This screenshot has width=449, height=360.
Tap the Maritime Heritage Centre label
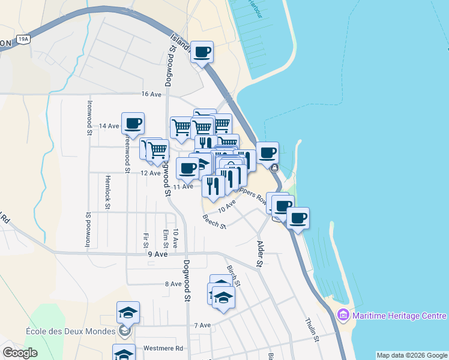399,316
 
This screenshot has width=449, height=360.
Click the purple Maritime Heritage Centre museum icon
343,315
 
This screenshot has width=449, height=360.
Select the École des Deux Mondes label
70,331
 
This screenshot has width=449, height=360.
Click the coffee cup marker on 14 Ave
133,124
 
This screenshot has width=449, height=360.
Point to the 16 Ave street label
151,94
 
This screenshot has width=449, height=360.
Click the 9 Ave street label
157,254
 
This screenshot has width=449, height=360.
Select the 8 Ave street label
172,284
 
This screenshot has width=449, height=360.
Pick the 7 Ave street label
202,325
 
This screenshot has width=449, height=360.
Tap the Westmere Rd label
163,348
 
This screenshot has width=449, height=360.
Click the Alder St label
260,254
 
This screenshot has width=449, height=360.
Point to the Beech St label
214,222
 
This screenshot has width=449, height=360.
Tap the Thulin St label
313,330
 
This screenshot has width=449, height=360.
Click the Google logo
20,353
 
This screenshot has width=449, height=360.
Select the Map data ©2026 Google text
411,355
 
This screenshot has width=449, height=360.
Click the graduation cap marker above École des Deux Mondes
128,312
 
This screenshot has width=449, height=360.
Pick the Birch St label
234,275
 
